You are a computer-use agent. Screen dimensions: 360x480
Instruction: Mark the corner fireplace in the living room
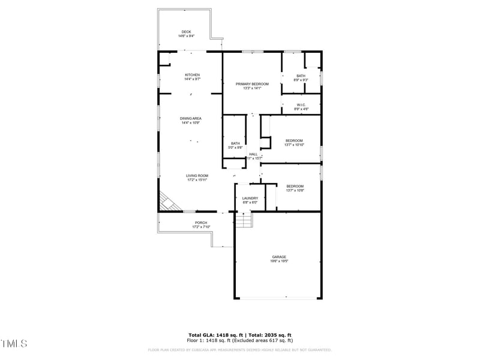tap(168, 202)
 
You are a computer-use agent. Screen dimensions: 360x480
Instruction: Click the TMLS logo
tap(14, 343)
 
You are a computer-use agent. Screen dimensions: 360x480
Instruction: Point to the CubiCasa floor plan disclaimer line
tap(239, 350)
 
